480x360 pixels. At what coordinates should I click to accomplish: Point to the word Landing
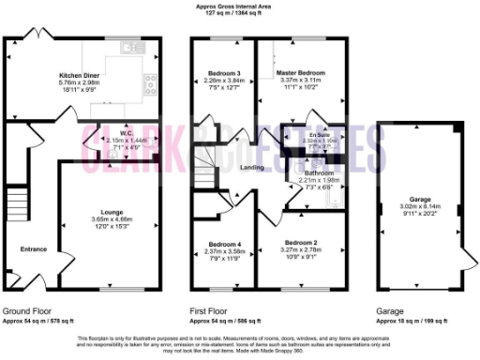pos(251,168)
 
